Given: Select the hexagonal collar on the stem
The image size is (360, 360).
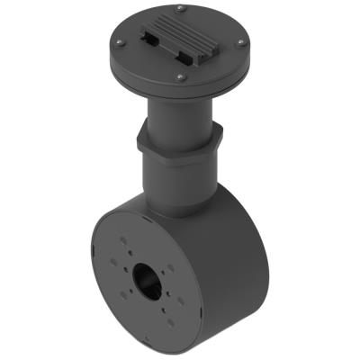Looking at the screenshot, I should tap(178, 142).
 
